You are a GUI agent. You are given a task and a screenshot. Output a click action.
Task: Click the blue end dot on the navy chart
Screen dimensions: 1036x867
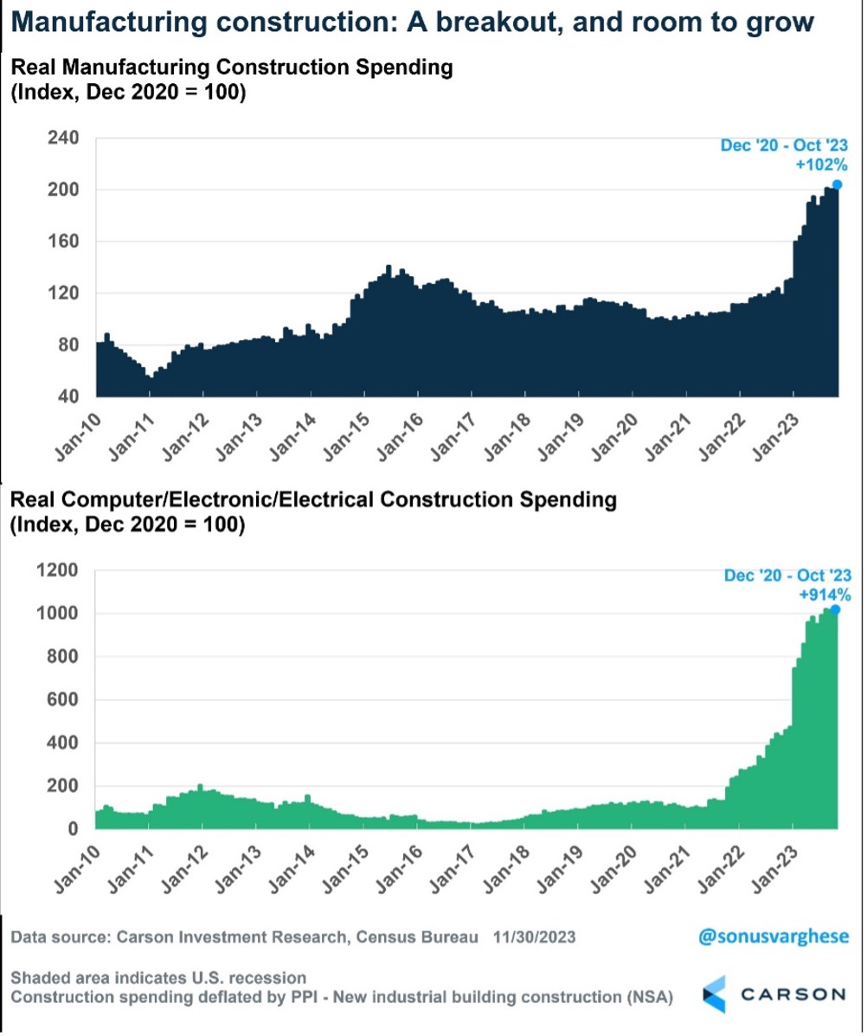(837, 184)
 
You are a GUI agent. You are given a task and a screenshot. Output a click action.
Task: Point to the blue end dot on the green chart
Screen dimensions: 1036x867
(835, 609)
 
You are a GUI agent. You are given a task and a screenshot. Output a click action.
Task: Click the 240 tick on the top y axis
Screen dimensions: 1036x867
(67, 138)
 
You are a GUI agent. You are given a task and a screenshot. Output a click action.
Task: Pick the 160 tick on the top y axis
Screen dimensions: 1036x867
(67, 241)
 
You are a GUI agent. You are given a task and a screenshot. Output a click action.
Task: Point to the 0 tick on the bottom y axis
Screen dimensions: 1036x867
(75, 829)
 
